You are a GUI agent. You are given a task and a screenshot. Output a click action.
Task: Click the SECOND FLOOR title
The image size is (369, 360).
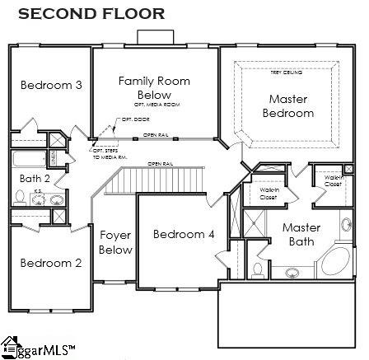click(91, 13)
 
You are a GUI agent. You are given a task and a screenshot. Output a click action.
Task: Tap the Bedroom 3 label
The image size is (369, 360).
click(51, 85)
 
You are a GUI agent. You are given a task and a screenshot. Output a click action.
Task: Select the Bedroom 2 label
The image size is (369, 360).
click(51, 263)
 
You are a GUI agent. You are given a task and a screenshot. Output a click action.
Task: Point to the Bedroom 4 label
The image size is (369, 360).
click(184, 234)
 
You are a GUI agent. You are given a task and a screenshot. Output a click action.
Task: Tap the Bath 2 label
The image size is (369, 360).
click(35, 178)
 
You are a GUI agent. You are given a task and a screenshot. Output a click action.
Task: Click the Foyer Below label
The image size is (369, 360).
click(115, 242)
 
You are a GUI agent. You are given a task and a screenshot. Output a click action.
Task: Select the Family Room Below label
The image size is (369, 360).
click(154, 88)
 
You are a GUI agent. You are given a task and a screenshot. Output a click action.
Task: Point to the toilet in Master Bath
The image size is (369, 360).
click(258, 269)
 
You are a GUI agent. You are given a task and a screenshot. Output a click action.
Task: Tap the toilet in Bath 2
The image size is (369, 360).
click(20, 197)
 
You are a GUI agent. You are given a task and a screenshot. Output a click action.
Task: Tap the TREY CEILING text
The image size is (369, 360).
click(281, 72)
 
